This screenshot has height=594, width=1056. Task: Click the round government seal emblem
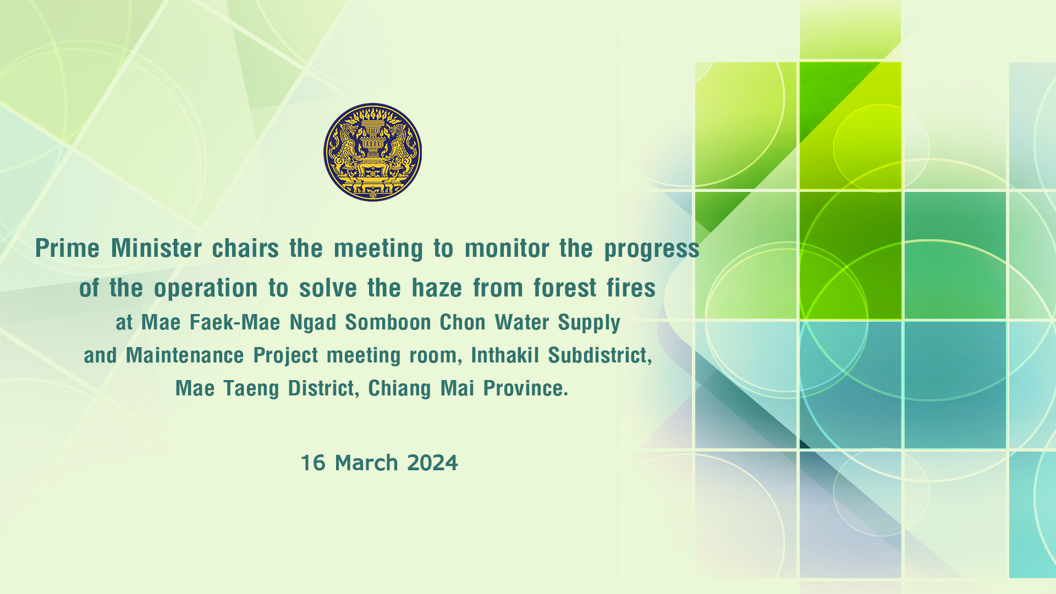[372, 152]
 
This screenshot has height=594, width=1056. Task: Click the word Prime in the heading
[67, 248]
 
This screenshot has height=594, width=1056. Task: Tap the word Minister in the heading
[157, 248]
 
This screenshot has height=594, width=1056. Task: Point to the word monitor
[507, 248]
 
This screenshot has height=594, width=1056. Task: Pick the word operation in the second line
[206, 288]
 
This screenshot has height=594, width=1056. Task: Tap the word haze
[437, 288]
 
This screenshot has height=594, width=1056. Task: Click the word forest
[565, 288]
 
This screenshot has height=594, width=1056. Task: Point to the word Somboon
[388, 322]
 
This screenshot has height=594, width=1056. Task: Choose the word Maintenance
[185, 355]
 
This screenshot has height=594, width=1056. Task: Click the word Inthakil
[505, 355]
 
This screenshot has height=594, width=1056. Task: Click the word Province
[525, 388]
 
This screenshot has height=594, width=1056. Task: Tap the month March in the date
[366, 463]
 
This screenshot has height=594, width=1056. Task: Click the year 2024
[432, 463]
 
